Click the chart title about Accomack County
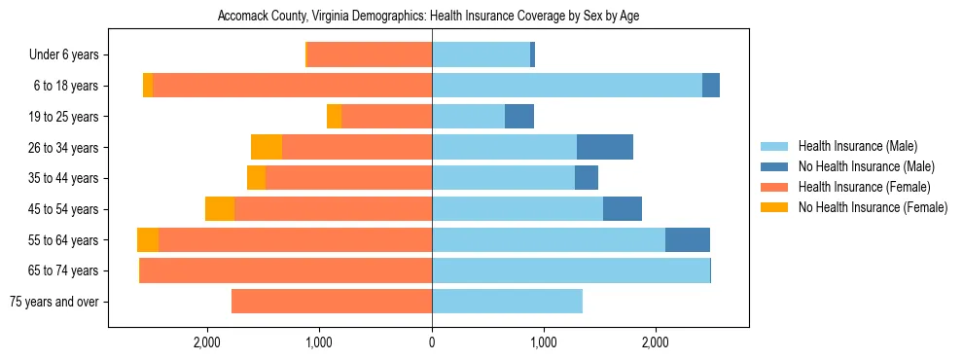[x=428, y=17]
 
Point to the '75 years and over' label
[x=53, y=302]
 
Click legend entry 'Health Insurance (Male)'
[x=857, y=146]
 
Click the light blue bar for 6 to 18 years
[x=567, y=86]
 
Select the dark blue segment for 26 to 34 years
[x=605, y=147]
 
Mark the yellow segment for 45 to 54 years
[x=220, y=209]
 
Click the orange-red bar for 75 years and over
[x=332, y=302]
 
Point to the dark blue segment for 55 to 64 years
[x=688, y=240]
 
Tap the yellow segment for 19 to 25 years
[x=334, y=117]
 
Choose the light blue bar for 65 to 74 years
[x=571, y=270]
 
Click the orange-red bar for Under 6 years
[x=370, y=55]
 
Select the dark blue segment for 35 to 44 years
[x=587, y=178]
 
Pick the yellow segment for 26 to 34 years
[x=267, y=147]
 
